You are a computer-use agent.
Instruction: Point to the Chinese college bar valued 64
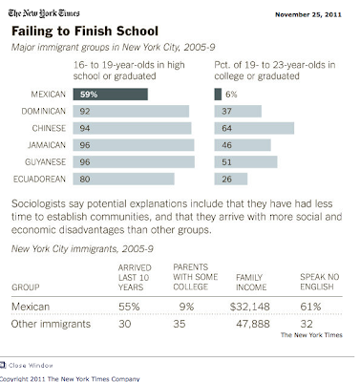pyautogui.click(x=253, y=128)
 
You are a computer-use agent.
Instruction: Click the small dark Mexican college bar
pyautogui.click(x=216, y=94)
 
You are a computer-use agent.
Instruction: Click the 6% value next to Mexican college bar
pyautogui.click(x=231, y=94)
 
